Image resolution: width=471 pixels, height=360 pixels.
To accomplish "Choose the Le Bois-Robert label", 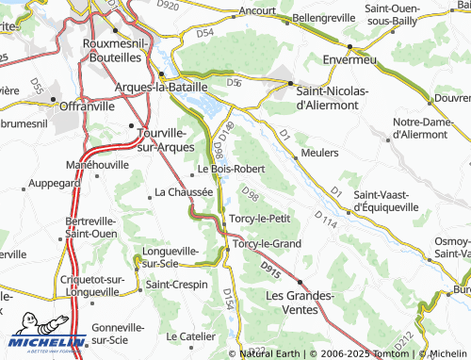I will [x=231, y=170].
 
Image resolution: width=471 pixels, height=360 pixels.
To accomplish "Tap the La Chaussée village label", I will [x=184, y=193].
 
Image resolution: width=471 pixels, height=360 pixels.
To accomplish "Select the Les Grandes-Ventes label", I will [x=301, y=303].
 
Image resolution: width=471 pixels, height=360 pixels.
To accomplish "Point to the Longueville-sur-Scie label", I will [x=169, y=257].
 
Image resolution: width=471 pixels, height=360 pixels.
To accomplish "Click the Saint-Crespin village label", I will [x=176, y=284].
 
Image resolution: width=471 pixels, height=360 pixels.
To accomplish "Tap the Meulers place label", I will [x=319, y=153].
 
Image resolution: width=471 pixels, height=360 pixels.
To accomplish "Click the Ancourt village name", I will [x=256, y=11].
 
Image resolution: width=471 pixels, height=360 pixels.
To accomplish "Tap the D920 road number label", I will [x=169, y=5].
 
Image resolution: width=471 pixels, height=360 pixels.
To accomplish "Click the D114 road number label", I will [x=327, y=219].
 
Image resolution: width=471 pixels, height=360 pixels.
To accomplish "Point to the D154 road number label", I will [x=227, y=301].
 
